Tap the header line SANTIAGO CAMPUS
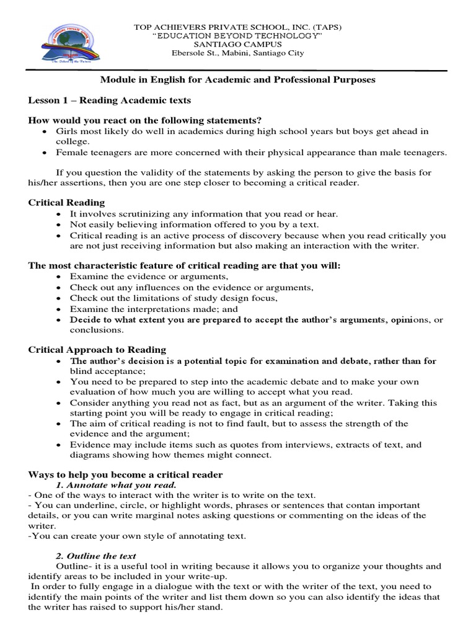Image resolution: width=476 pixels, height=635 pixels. click(x=238, y=45)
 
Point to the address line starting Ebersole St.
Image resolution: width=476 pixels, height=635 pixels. click(x=238, y=53)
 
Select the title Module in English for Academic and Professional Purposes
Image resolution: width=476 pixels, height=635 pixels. click(x=238, y=80)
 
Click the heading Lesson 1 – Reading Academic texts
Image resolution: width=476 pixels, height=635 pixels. click(x=110, y=100)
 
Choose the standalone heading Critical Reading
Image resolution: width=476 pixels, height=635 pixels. click(x=66, y=202)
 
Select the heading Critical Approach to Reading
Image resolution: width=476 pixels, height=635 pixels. click(x=97, y=350)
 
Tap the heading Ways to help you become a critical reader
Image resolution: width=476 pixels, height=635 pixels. click(x=126, y=474)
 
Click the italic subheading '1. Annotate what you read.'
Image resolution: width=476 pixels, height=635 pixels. click(x=117, y=484)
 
